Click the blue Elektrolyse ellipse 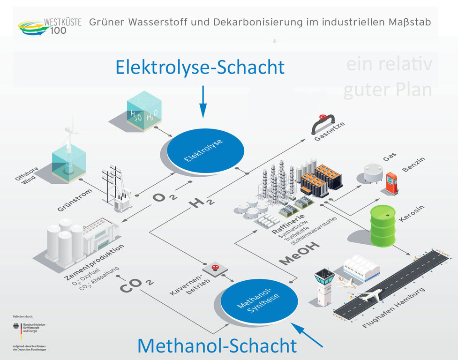point(206,150)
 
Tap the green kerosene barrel point(383,225)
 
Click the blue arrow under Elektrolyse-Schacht point(203,101)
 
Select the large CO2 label point(136,284)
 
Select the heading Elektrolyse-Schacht point(200,67)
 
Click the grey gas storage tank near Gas point(374,172)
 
